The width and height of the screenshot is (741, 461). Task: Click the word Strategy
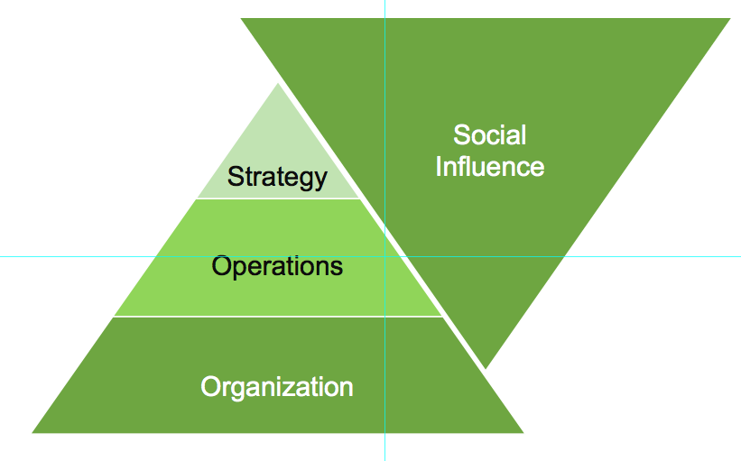point(277,176)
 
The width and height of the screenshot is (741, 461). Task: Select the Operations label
point(277,266)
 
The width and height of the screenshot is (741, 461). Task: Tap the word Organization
point(276,387)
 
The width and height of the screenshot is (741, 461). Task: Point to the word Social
point(489,135)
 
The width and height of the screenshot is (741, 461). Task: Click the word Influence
point(490,167)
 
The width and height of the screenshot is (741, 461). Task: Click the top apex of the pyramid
point(277,85)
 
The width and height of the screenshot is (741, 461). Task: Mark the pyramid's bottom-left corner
point(33,432)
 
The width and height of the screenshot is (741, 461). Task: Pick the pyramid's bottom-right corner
point(522,432)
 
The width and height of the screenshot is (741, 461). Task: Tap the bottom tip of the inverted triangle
point(486,367)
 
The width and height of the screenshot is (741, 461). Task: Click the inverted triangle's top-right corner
point(727,19)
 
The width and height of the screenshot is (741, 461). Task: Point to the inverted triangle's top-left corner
point(242,19)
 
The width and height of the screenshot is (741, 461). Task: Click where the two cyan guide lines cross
point(384,256)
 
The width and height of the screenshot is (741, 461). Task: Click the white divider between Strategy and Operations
point(277,198)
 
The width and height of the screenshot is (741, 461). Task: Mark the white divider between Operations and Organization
point(277,317)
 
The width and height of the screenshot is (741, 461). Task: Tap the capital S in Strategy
point(235,176)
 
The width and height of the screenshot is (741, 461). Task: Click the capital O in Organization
point(210,387)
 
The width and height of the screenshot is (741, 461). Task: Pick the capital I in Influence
point(439,167)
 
